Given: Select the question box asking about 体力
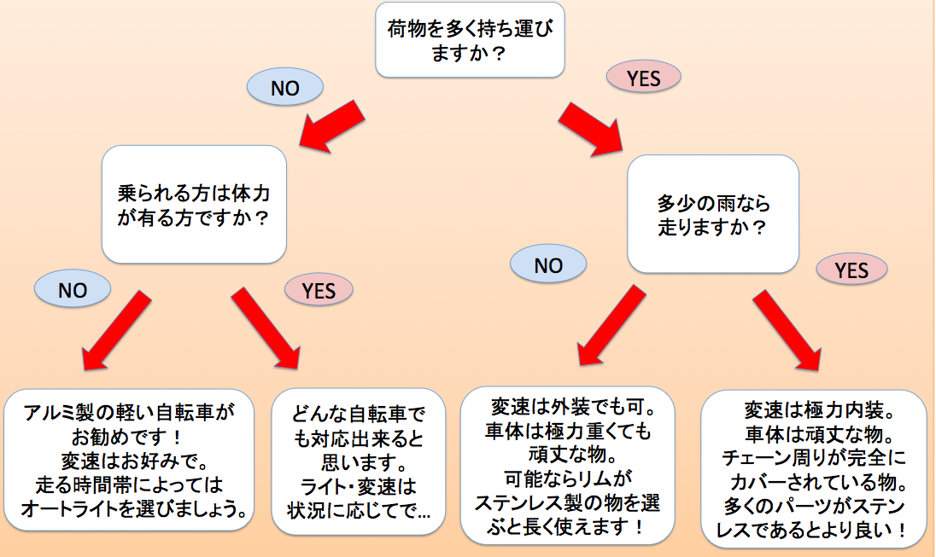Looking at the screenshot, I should pos(194,203).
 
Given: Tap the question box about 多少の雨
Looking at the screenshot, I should pos(713,215).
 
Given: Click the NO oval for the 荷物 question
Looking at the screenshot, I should pos(284,87).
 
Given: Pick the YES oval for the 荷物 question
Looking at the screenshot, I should pos(644,78).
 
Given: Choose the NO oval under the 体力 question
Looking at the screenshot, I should pos(73,290).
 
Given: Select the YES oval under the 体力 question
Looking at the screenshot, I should pos(319,290).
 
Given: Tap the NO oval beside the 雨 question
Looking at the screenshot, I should pos(548,265).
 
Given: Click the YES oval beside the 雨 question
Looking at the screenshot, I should pos(851,270).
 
